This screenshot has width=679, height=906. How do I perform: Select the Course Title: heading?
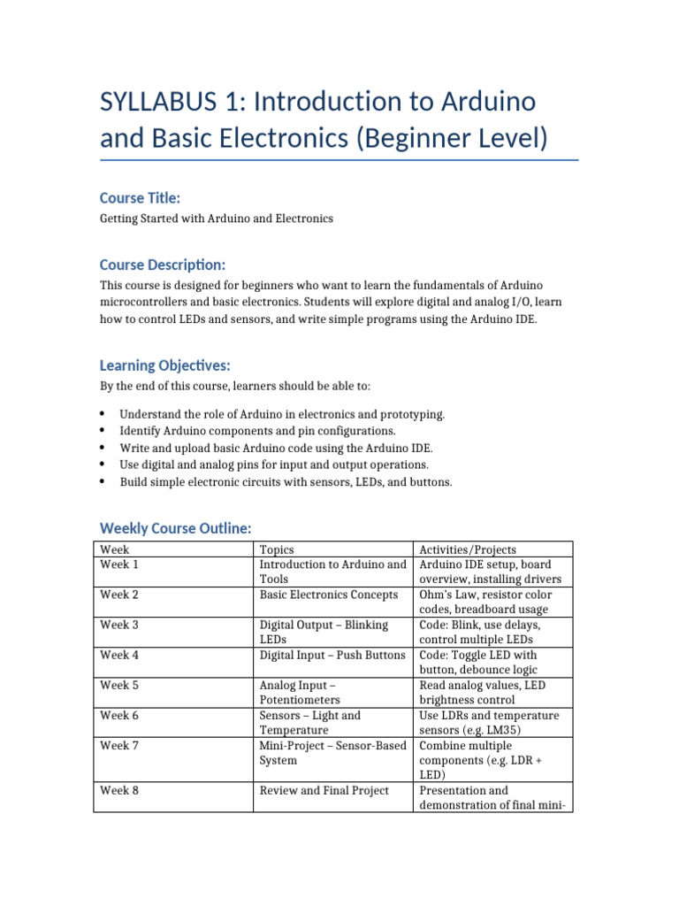[140, 197]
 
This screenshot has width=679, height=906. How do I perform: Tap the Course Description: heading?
[163, 265]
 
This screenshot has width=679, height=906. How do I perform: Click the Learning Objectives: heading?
[165, 365]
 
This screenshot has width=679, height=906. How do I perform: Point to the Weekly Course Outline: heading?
[176, 528]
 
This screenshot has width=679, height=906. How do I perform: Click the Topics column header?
[277, 549]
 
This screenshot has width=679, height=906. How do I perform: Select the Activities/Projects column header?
[468, 549]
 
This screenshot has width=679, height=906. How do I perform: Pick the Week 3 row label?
[119, 625]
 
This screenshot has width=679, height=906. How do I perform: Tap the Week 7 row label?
[119, 745]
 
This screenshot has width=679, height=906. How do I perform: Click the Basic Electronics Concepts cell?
[329, 595]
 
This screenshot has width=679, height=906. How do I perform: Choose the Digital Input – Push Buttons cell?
[332, 655]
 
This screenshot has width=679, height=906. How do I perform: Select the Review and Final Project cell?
[324, 790]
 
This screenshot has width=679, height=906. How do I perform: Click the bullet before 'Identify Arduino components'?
[103, 431]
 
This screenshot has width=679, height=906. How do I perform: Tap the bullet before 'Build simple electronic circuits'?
[103, 481]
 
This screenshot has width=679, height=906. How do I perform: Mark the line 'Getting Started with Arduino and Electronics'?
[217, 219]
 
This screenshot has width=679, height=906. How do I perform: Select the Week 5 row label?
[119, 685]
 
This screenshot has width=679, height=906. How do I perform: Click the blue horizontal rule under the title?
[339, 160]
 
